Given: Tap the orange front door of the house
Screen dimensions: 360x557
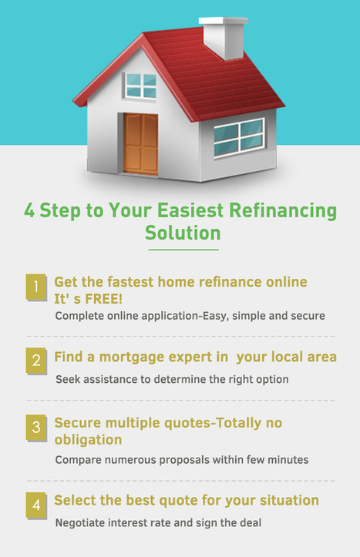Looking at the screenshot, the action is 141,144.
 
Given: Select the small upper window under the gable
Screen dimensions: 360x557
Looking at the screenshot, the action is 141,86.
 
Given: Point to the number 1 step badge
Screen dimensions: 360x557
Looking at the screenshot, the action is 36,287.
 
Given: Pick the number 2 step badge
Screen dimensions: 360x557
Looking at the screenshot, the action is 36,361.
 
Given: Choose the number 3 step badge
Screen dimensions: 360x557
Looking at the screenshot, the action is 36,428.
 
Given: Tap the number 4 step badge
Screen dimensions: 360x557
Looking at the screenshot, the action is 36,505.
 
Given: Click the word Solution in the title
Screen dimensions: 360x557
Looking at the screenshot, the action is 183,233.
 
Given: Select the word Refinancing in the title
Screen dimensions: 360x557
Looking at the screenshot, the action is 283,210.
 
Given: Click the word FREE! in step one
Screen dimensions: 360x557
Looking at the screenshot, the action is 104,299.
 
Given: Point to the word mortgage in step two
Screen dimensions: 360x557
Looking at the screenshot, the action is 132,357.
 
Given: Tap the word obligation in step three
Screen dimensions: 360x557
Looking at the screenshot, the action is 88,440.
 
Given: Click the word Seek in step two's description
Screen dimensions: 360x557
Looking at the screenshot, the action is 66,379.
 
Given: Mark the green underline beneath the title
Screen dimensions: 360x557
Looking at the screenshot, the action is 183,250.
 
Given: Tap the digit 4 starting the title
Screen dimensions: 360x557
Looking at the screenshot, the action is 29,210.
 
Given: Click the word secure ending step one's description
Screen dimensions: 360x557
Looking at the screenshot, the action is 308,316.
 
